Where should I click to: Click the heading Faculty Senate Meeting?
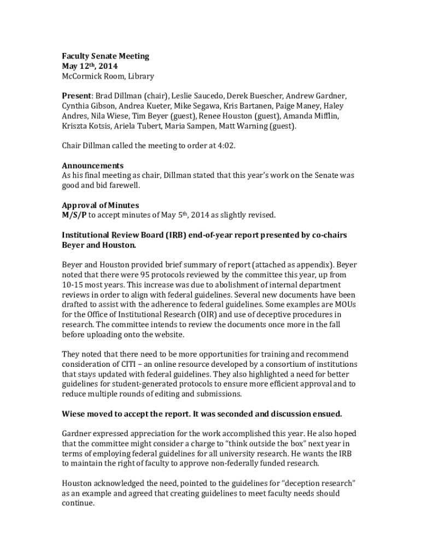[105, 56]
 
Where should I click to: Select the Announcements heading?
[92, 165]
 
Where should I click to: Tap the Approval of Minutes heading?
[100, 205]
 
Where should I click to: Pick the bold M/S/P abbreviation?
[74, 215]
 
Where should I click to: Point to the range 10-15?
[72, 285]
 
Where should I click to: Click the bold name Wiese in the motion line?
[73, 414]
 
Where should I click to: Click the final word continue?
[78, 503]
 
